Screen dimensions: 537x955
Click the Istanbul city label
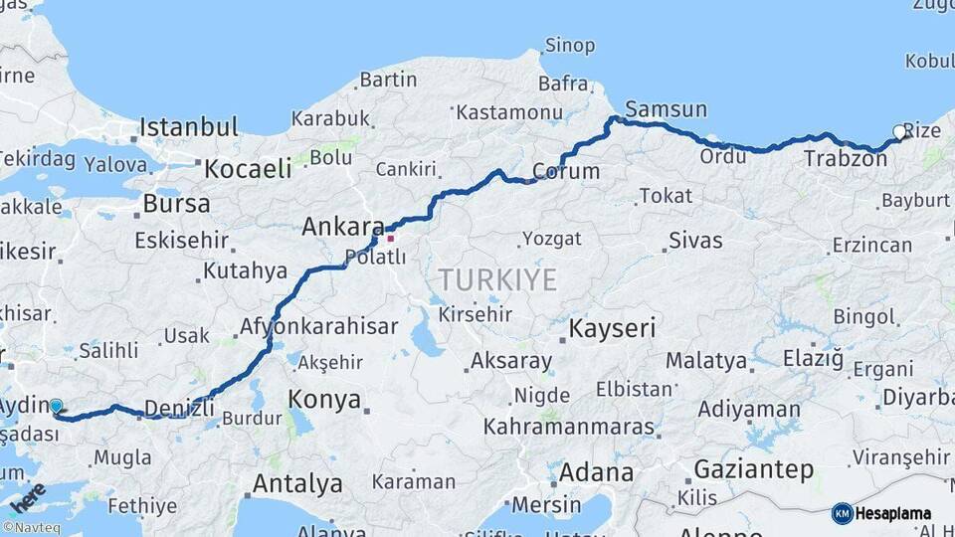coord(189,127)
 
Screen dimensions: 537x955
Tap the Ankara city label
coord(343,227)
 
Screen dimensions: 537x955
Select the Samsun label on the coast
coord(666,108)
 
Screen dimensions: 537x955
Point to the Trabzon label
coord(845,158)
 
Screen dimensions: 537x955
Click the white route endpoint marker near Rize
coord(899,131)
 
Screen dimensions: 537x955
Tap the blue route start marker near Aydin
coord(57,406)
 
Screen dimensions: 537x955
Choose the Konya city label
coord(324,400)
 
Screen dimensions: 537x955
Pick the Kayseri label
coord(612,328)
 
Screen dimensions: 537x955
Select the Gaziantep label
coord(753,468)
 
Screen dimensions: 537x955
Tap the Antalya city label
coord(297,484)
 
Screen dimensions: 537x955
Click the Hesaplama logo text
coord(894,513)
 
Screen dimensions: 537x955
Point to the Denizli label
coord(179,408)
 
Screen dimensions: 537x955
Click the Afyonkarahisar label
coord(318,326)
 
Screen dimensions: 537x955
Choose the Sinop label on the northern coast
coord(570,45)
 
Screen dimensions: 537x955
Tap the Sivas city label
coord(695,240)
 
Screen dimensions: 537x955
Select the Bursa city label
coord(176,204)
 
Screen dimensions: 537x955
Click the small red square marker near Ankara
coord(390,238)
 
